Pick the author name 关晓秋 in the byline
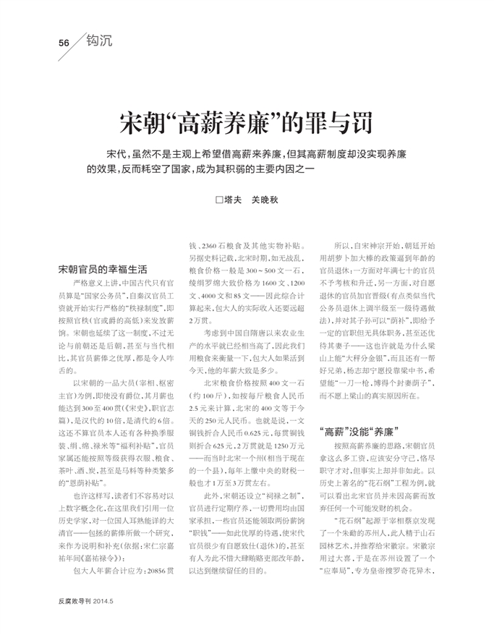[265, 200]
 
